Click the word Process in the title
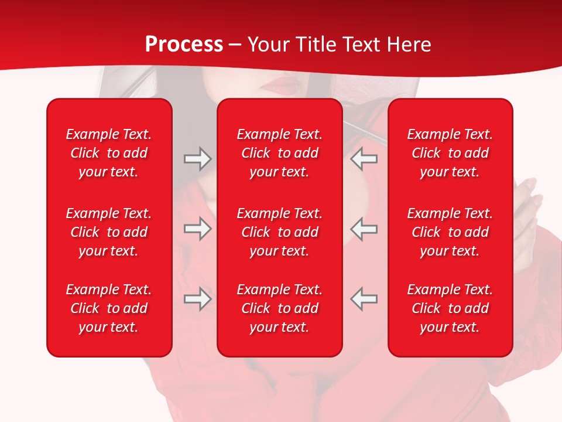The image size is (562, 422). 184,45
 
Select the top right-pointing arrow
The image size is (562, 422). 197,159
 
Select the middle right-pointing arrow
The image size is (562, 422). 197,229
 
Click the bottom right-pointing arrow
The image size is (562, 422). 197,299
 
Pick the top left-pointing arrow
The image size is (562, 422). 364,159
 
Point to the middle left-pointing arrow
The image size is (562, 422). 364,229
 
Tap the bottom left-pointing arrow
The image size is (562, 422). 364,299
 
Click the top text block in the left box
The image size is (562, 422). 109,153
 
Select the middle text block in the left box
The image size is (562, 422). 109,232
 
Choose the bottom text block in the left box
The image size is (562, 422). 109,308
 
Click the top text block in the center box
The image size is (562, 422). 279,153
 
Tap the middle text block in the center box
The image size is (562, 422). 279,232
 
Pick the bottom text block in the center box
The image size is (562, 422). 279,308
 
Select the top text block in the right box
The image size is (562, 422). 450,153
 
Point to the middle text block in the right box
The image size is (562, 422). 450,232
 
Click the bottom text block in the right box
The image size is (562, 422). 450,308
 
